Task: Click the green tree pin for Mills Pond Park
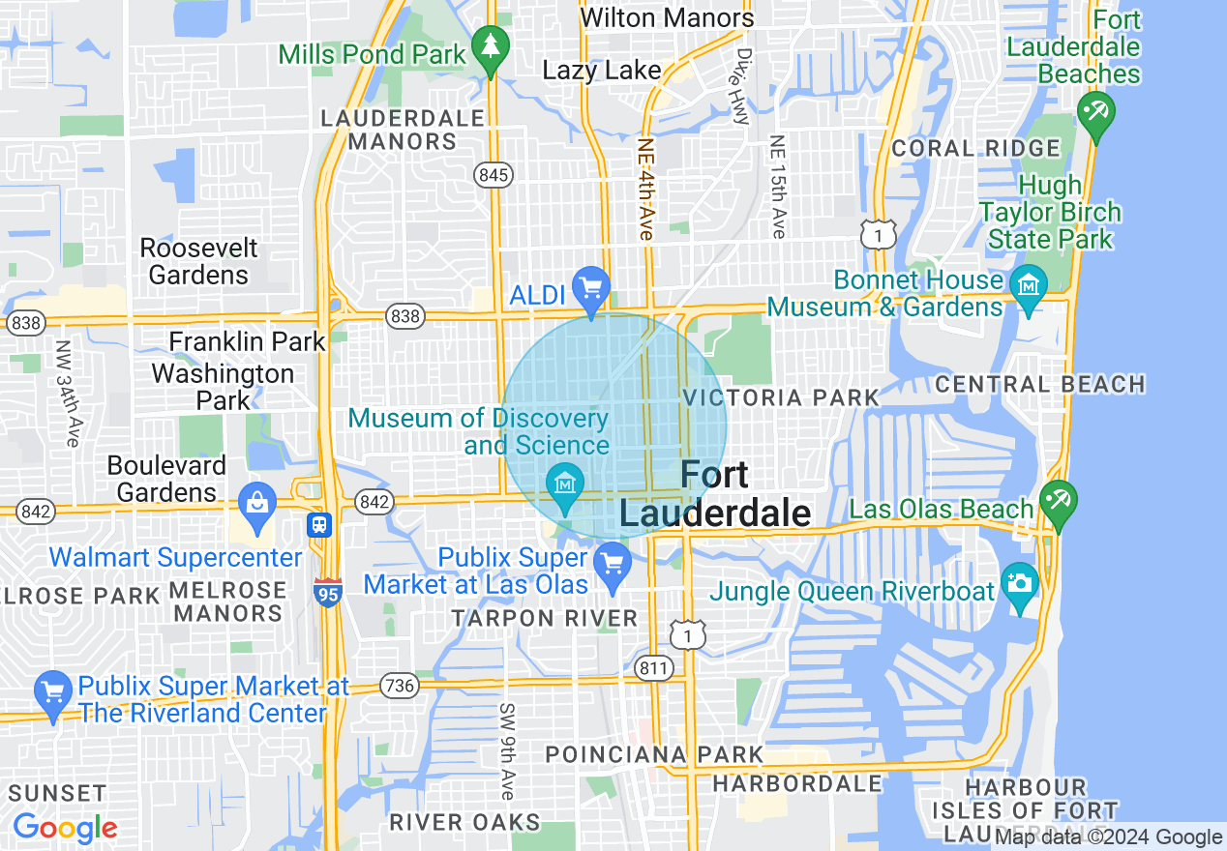pyautogui.click(x=492, y=45)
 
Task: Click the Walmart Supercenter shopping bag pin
pyautogui.click(x=256, y=505)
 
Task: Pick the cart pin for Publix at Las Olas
pyautogui.click(x=612, y=563)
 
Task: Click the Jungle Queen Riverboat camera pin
pyautogui.click(x=1019, y=584)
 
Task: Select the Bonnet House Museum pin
pyautogui.click(x=1028, y=287)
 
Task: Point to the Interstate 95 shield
pyautogui.click(x=327, y=593)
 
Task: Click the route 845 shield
pyautogui.click(x=493, y=175)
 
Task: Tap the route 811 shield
pyautogui.click(x=654, y=667)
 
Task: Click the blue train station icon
pyautogui.click(x=319, y=524)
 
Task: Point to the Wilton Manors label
pyautogui.click(x=667, y=17)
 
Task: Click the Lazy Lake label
pyautogui.click(x=602, y=70)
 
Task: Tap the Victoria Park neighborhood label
pyautogui.click(x=781, y=397)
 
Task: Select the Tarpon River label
pyautogui.click(x=546, y=618)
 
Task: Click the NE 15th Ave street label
pyautogui.click(x=777, y=186)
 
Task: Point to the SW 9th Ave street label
pyautogui.click(x=507, y=750)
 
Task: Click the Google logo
pyautogui.click(x=65, y=828)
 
